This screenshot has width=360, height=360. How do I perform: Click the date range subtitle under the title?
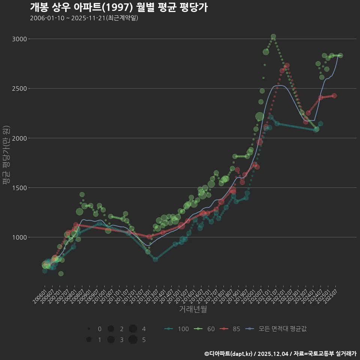point(84,18)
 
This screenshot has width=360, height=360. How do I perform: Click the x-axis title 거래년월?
point(193,309)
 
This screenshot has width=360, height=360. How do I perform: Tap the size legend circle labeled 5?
point(133,340)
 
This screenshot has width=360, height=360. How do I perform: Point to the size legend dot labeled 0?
point(89,329)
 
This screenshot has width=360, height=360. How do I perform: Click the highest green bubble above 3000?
point(273,37)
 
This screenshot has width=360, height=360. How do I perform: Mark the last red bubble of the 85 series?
point(334,96)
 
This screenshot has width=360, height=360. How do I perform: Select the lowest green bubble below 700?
point(61,274)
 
